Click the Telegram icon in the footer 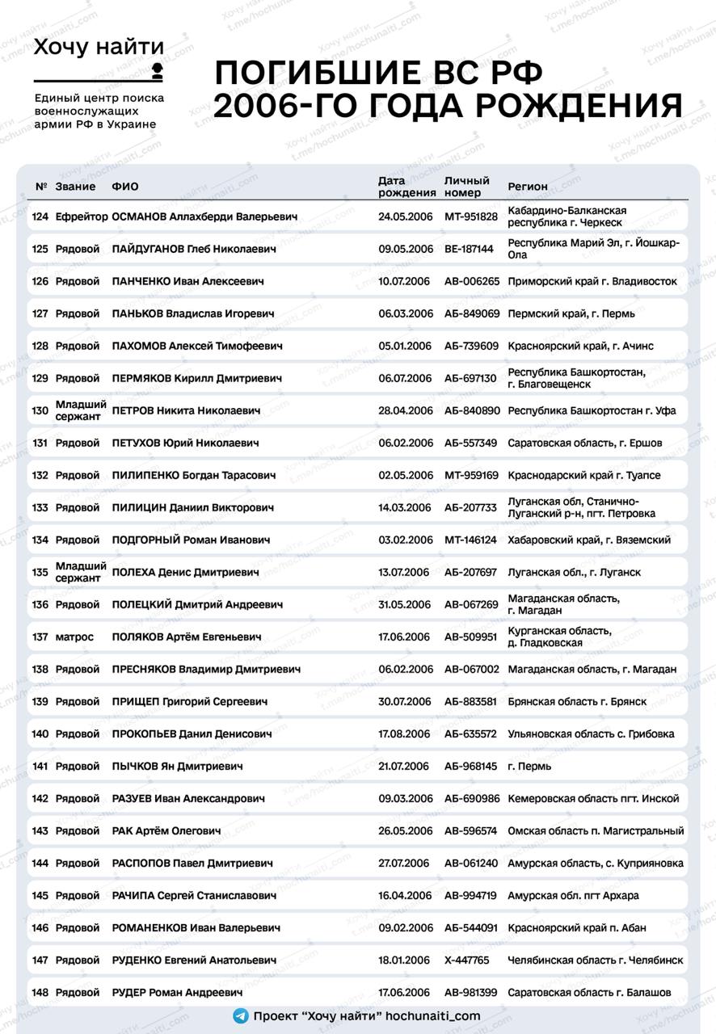240,1016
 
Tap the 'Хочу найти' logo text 99,48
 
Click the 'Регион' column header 528,187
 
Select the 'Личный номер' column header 467,187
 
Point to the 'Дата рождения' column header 406,187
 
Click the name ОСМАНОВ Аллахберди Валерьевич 204,216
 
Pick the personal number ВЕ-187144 469,249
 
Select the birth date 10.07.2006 405,281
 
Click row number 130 40,410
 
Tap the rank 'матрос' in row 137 74,637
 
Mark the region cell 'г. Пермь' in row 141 529,766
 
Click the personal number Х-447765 466,960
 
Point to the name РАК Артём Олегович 166,830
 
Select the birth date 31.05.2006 405,604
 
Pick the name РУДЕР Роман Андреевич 177,992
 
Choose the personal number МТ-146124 471,540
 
